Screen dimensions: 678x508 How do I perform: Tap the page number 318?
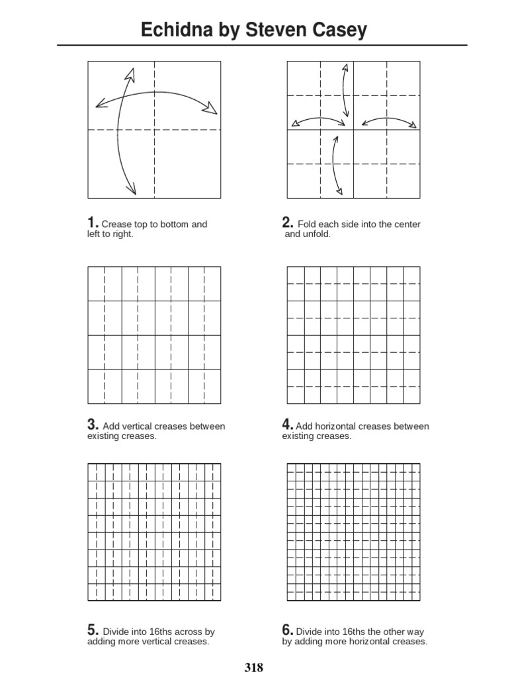pos(253,667)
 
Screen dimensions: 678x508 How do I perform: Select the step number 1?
pos(93,223)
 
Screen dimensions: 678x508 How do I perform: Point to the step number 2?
pos(287,223)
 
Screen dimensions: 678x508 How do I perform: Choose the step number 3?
pos(93,425)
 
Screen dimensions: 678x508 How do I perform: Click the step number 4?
pos(287,425)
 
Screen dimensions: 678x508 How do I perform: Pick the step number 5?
pos(93,631)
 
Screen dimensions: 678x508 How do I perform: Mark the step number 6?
pos(287,631)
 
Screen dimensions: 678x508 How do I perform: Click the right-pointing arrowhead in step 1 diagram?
pos(211,108)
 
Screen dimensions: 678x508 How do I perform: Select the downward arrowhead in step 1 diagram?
pos(132,189)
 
